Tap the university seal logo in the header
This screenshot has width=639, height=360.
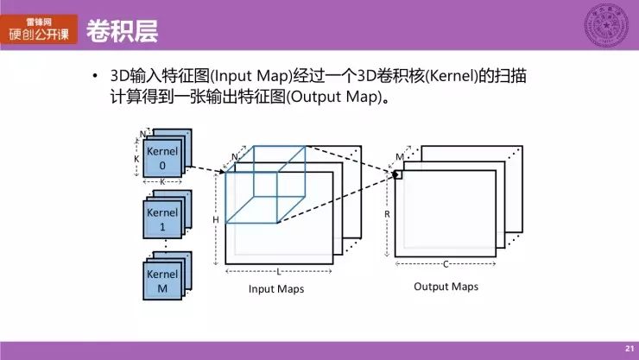(x=608, y=25)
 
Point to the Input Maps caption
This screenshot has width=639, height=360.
(x=276, y=289)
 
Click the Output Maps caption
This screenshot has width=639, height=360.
(x=446, y=287)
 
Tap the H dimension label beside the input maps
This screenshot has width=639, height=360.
(x=216, y=220)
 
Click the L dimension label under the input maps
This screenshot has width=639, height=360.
(x=278, y=271)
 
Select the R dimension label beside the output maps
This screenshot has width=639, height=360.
(x=387, y=212)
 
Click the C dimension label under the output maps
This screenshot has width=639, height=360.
(x=446, y=264)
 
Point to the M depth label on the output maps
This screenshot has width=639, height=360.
(x=399, y=156)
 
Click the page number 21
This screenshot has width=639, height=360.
(x=629, y=348)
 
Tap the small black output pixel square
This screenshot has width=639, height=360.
(x=399, y=175)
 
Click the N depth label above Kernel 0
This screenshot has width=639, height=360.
(x=142, y=134)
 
